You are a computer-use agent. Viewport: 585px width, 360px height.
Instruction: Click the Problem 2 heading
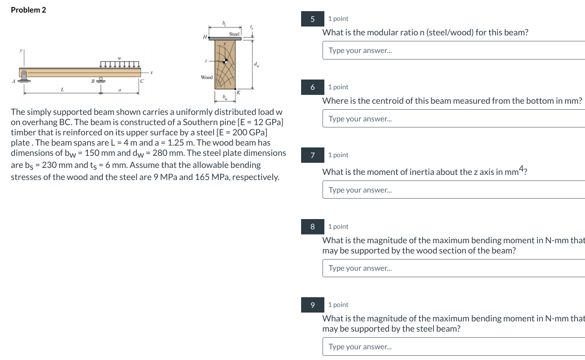(28, 10)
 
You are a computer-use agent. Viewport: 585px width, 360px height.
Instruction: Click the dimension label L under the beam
(62, 89)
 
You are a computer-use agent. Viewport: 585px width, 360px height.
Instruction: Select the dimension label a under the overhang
(120, 89)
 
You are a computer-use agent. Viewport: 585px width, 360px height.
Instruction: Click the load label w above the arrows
(120, 58)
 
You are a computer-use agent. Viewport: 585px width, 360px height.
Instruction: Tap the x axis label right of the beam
(151, 73)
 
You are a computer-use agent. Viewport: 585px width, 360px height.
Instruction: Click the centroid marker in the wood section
(226, 61)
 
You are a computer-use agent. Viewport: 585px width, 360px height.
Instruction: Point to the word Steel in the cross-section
(234, 34)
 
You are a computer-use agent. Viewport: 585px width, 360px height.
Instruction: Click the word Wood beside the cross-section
(207, 77)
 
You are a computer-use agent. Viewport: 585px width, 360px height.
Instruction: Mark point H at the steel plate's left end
(205, 37)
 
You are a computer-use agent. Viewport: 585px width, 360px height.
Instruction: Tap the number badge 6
(313, 87)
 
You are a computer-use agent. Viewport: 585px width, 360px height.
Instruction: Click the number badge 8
(313, 227)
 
